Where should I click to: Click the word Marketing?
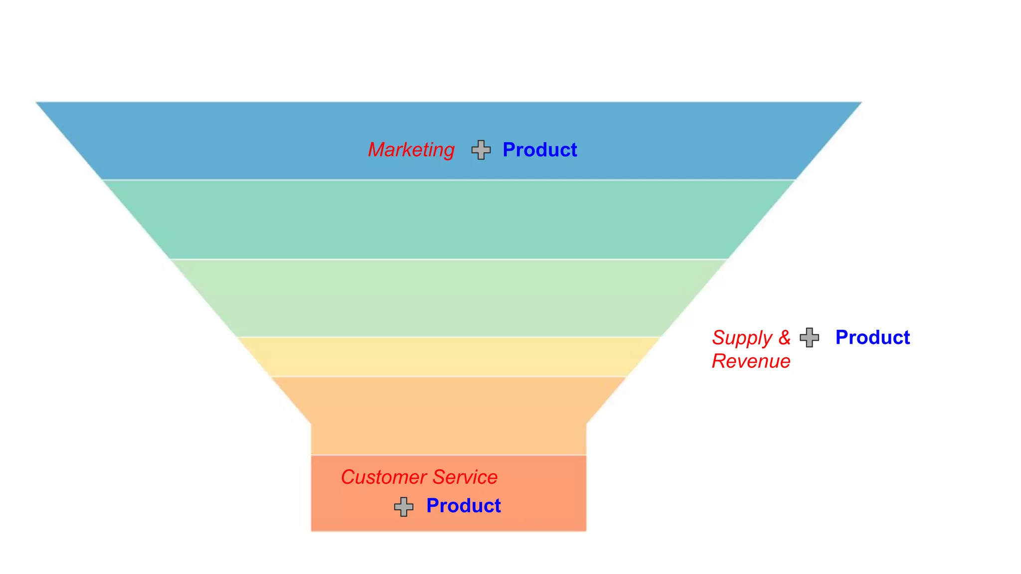point(411,150)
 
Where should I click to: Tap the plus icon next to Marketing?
point(481,150)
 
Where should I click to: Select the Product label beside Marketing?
point(539,150)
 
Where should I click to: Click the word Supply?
point(742,338)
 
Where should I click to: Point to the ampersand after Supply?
point(785,338)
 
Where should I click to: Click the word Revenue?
point(751,361)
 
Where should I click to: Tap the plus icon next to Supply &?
point(809,338)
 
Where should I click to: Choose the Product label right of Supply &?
point(872,338)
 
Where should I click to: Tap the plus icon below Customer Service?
point(404,507)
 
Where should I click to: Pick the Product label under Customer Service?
point(463,506)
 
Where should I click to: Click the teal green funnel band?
point(449,219)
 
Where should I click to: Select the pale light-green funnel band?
point(449,298)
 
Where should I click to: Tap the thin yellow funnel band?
point(449,357)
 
